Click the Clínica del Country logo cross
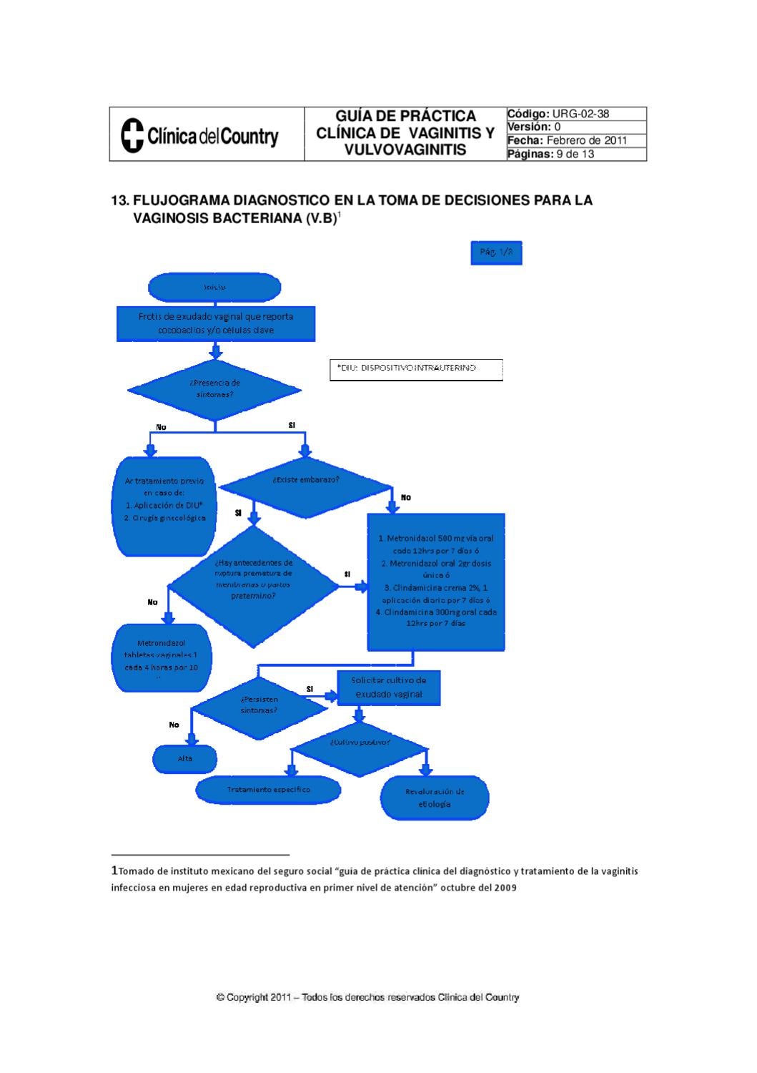pos(132,135)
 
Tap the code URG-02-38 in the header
pos(580,114)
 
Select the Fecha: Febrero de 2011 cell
pos(576,140)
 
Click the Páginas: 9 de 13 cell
pos(576,154)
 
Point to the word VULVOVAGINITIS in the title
pos(405,150)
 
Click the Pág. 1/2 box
pos(496,253)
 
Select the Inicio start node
pos(214,287)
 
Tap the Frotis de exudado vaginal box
pos(216,323)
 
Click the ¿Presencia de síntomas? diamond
pos(215,388)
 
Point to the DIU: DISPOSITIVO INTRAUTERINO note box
pos(416,369)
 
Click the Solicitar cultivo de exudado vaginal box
pos(388,687)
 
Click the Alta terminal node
pos(185,759)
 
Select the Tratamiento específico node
pos(269,790)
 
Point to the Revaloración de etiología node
pos(435,798)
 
